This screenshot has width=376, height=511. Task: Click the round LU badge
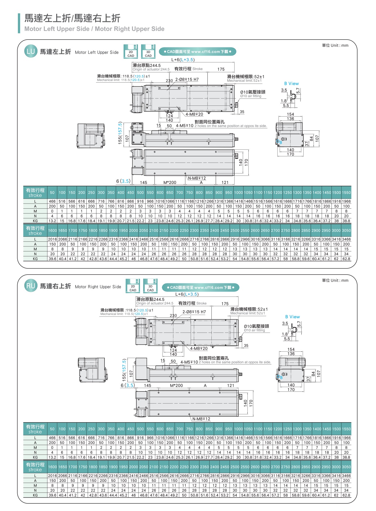pyautogui.click(x=30, y=51)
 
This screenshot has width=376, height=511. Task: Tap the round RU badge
pyautogui.click(x=30, y=286)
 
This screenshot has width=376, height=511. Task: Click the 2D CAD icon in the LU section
pyautogui.click(x=131, y=52)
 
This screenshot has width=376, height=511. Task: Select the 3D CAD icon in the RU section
pyautogui.click(x=150, y=286)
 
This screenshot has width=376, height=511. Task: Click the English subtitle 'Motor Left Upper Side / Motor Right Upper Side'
pyautogui.click(x=94, y=29)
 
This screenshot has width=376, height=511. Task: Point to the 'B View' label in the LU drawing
pyautogui.click(x=291, y=84)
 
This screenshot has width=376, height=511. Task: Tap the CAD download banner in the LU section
pyautogui.click(x=197, y=52)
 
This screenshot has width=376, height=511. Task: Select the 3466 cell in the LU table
pyautogui.click(x=346, y=239)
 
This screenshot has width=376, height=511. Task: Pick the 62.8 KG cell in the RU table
pyautogui.click(x=346, y=495)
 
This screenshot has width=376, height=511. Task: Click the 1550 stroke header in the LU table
pyautogui.click(x=346, y=193)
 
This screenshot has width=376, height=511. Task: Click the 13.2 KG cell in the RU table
pyautogui.click(x=52, y=457)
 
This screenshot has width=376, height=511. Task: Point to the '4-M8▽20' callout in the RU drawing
pyautogui.click(x=199, y=348)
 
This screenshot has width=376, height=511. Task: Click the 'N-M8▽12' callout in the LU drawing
pyautogui.click(x=197, y=178)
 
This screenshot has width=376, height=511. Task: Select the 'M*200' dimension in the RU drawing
pyautogui.click(x=176, y=386)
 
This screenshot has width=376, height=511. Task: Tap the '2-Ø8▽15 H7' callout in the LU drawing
pyautogui.click(x=187, y=79)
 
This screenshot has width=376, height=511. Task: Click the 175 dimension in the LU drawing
pyautogui.click(x=221, y=69)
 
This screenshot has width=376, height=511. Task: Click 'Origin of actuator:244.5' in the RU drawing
pyautogui.click(x=155, y=303)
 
